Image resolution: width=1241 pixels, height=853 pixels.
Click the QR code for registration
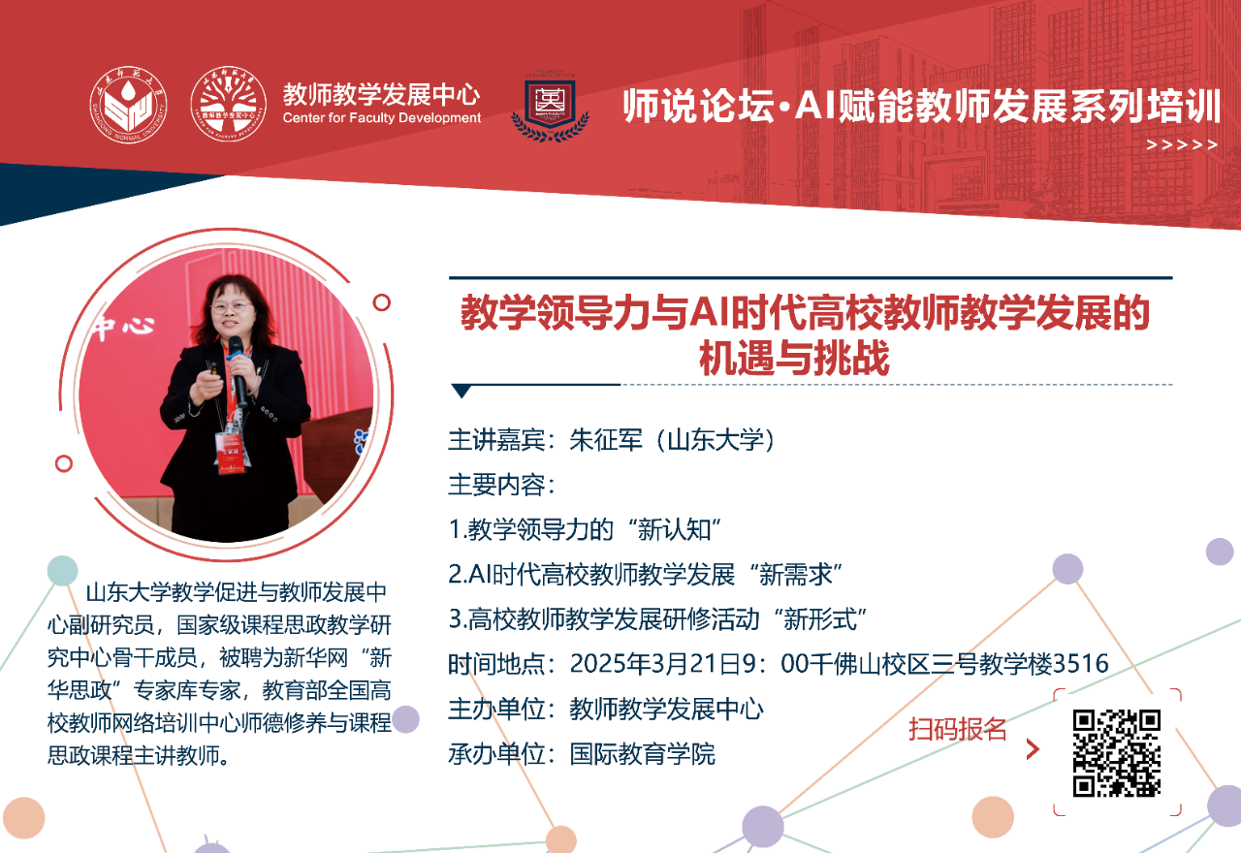pyautogui.click(x=1116, y=753)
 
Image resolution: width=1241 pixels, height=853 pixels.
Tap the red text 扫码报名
pyautogui.click(x=957, y=729)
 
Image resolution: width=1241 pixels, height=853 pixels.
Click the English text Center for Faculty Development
pyautogui.click(x=382, y=117)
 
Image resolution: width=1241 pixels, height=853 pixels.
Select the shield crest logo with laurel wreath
pyautogui.click(x=550, y=106)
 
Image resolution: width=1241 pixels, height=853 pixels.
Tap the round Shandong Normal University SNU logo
pyautogui.click(x=128, y=106)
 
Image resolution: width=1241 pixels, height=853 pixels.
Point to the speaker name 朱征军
pyautogui.click(x=606, y=440)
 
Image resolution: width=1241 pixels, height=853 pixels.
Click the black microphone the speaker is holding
pyautogui.click(x=238, y=370)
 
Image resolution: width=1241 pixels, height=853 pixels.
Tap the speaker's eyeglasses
pyautogui.click(x=231, y=305)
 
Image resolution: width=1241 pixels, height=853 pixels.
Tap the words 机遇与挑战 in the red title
pyautogui.click(x=794, y=358)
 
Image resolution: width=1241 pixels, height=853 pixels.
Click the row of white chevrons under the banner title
pyautogui.click(x=1181, y=145)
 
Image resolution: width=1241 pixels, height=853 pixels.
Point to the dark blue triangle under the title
pyautogui.click(x=461, y=391)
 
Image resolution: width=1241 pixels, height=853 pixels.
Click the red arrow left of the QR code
pyautogui.click(x=1033, y=749)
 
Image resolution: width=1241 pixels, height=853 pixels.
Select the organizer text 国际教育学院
pyautogui.click(x=643, y=754)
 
